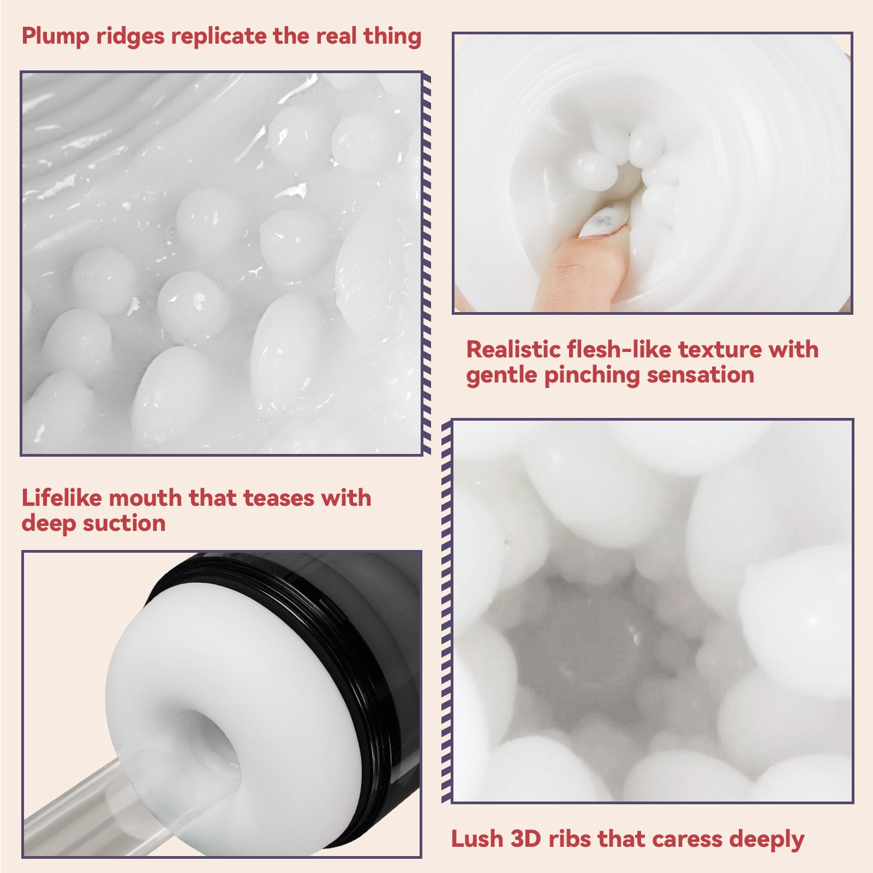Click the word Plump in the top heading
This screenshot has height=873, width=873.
[56, 37]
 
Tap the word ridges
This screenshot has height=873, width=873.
[130, 37]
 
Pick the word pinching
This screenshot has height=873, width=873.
[592, 375]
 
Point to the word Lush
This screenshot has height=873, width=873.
[476, 839]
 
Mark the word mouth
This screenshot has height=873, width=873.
[147, 498]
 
